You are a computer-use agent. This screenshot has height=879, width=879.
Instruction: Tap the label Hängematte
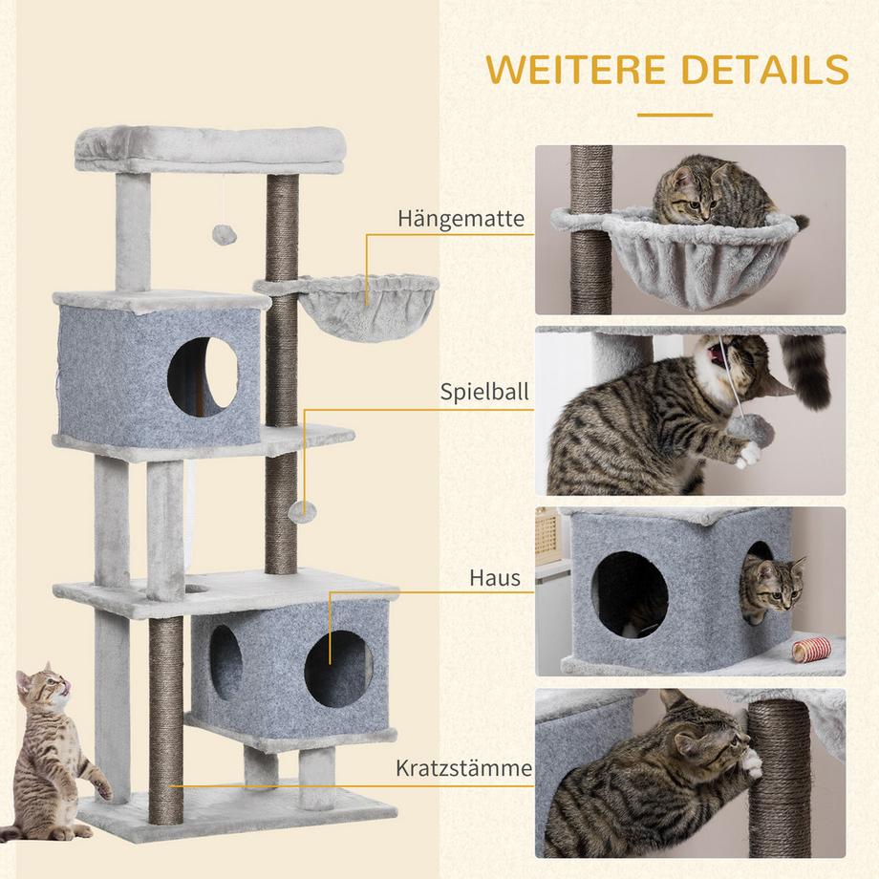click(x=461, y=219)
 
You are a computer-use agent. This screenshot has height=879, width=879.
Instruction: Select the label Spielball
click(x=484, y=392)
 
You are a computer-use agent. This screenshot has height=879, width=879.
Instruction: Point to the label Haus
click(x=495, y=578)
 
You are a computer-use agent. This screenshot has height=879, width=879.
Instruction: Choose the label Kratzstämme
click(x=464, y=768)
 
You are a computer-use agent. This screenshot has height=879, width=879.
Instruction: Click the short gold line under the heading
click(x=675, y=115)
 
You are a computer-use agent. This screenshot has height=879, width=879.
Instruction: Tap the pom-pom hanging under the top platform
click(x=225, y=235)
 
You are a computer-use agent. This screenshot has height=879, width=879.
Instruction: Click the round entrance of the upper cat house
click(x=203, y=376)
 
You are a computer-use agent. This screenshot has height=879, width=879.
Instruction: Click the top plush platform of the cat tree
click(x=210, y=149)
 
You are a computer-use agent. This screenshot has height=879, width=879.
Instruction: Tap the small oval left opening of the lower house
click(x=225, y=662)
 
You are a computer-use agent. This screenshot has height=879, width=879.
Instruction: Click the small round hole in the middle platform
click(x=196, y=589)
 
